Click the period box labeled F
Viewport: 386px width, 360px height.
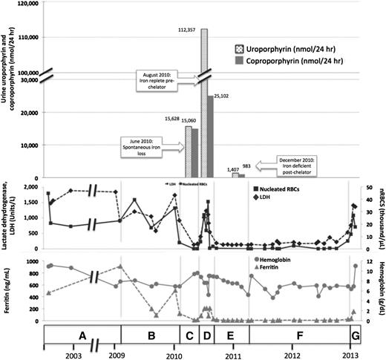pos(299,335)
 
